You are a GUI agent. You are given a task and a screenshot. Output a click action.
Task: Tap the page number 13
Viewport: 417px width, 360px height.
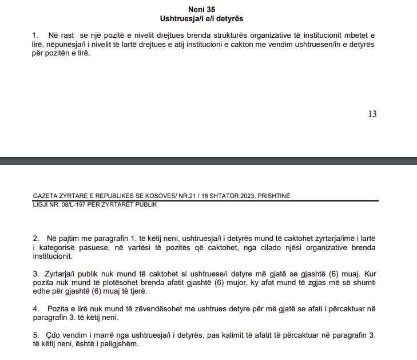[x=372, y=114]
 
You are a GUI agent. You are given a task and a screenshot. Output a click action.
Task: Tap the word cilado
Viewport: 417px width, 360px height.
[x=253, y=248]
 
